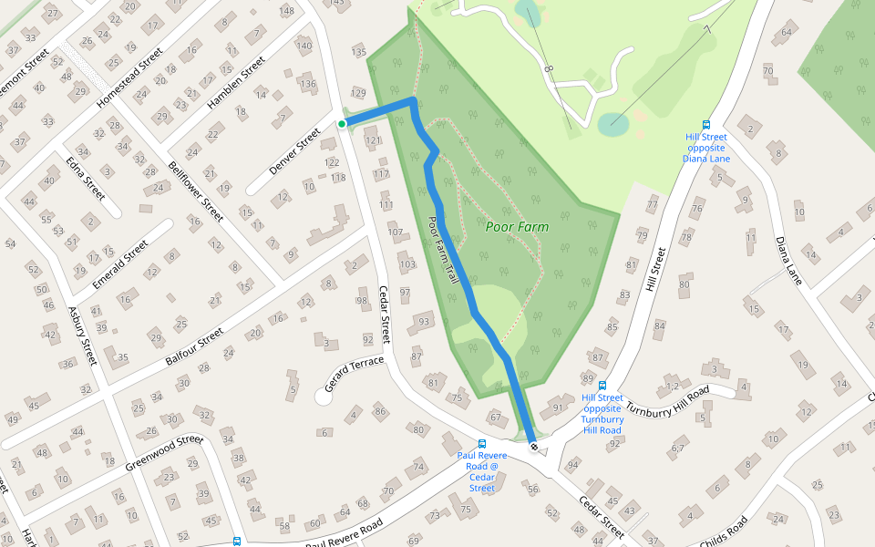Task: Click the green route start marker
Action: click(342, 124)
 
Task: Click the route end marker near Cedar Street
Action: click(533, 447)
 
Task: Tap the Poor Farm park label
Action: click(517, 226)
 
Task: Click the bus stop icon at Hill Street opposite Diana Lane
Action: click(705, 125)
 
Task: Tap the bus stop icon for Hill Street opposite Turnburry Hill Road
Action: click(602, 386)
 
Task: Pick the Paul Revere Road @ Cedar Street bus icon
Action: click(482, 444)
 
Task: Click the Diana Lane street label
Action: click(788, 261)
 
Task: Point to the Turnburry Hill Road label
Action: click(667, 398)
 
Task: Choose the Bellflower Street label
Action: click(196, 191)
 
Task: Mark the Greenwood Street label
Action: click(164, 451)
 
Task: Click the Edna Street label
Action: click(86, 178)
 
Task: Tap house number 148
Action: click(288, 11)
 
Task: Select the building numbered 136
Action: click(306, 85)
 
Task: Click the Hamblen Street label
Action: click(235, 83)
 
